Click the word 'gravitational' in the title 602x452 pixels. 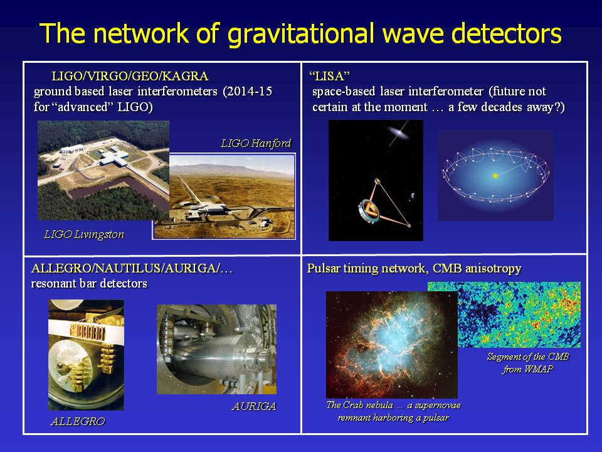point(300,34)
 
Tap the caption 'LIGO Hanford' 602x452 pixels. point(256,143)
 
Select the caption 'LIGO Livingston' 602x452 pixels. point(84,234)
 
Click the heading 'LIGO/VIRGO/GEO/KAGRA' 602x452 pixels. point(130,76)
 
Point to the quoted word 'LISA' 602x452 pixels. point(329,76)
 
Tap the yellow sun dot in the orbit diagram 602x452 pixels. point(495,176)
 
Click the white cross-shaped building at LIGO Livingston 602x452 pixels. point(114,158)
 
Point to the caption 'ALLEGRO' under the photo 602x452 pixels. point(78,421)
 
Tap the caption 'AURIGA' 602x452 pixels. point(254,406)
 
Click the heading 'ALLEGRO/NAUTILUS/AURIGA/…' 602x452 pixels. point(132,268)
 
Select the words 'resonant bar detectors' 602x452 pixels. point(89,284)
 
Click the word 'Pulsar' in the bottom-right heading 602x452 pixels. point(324,268)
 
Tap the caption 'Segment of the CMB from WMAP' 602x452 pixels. point(528,363)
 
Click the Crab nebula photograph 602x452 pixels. point(391,345)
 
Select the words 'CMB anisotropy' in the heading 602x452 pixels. point(477,268)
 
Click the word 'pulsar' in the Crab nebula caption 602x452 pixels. point(435,418)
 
